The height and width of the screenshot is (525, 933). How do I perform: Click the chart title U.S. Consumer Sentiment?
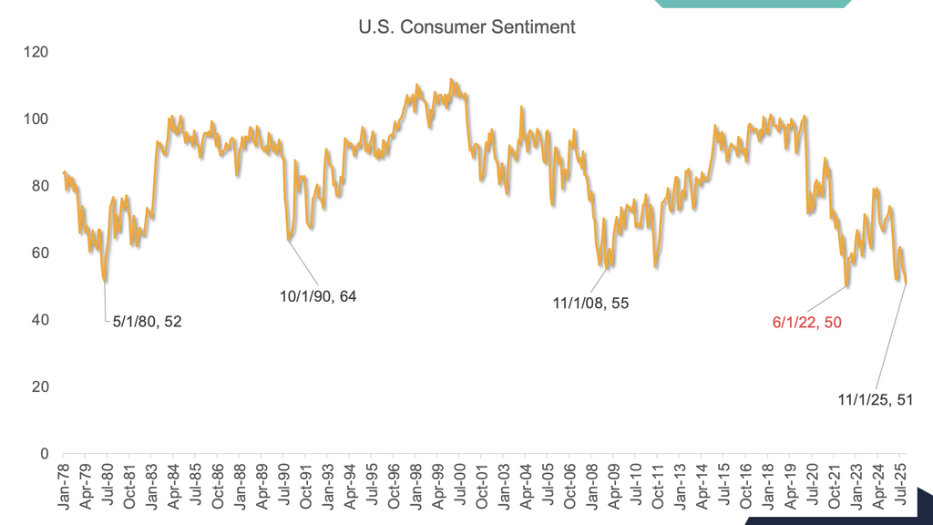coord(466,27)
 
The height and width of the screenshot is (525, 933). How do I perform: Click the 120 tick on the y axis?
coord(36,52)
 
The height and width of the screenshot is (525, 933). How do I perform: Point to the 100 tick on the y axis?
coord(36,119)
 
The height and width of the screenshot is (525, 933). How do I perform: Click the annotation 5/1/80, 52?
coord(147,322)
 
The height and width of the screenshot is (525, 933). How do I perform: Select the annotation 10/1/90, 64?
coord(317,296)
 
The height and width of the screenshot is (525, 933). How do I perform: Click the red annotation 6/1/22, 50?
coord(806,322)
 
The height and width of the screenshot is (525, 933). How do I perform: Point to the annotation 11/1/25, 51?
coord(875,399)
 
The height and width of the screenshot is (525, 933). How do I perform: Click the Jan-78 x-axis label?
coord(63,482)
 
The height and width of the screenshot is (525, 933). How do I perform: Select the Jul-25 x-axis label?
coord(901,482)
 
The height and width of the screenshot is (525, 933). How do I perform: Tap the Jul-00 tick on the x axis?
coord(462,482)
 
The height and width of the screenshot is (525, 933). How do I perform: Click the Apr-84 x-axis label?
coord(173,482)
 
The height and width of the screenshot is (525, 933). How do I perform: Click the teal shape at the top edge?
coord(753,4)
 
